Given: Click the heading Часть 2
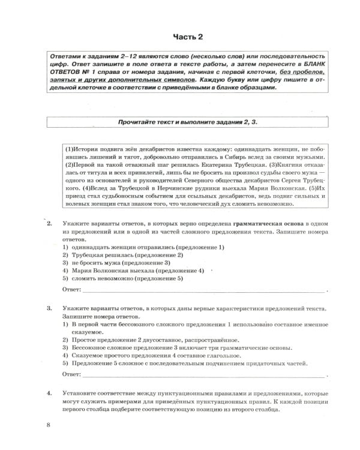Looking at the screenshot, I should pyautogui.click(x=188, y=37).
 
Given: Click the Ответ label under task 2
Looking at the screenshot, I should pyautogui.click(x=72, y=290).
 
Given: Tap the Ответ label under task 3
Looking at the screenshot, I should pyautogui.click(x=72, y=374).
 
